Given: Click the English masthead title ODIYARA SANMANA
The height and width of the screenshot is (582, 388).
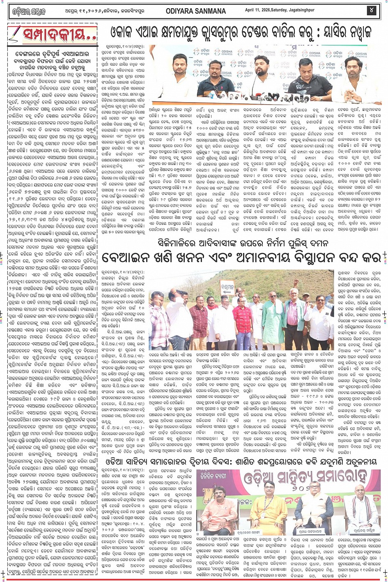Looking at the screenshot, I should [195, 11].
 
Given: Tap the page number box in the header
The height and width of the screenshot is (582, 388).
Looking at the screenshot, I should [372, 10].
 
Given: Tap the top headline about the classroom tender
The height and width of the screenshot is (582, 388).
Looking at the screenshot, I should [240, 32].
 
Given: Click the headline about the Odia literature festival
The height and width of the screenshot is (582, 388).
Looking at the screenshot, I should [242, 462].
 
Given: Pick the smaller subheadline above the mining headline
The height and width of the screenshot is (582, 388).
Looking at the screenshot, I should [242, 243].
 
